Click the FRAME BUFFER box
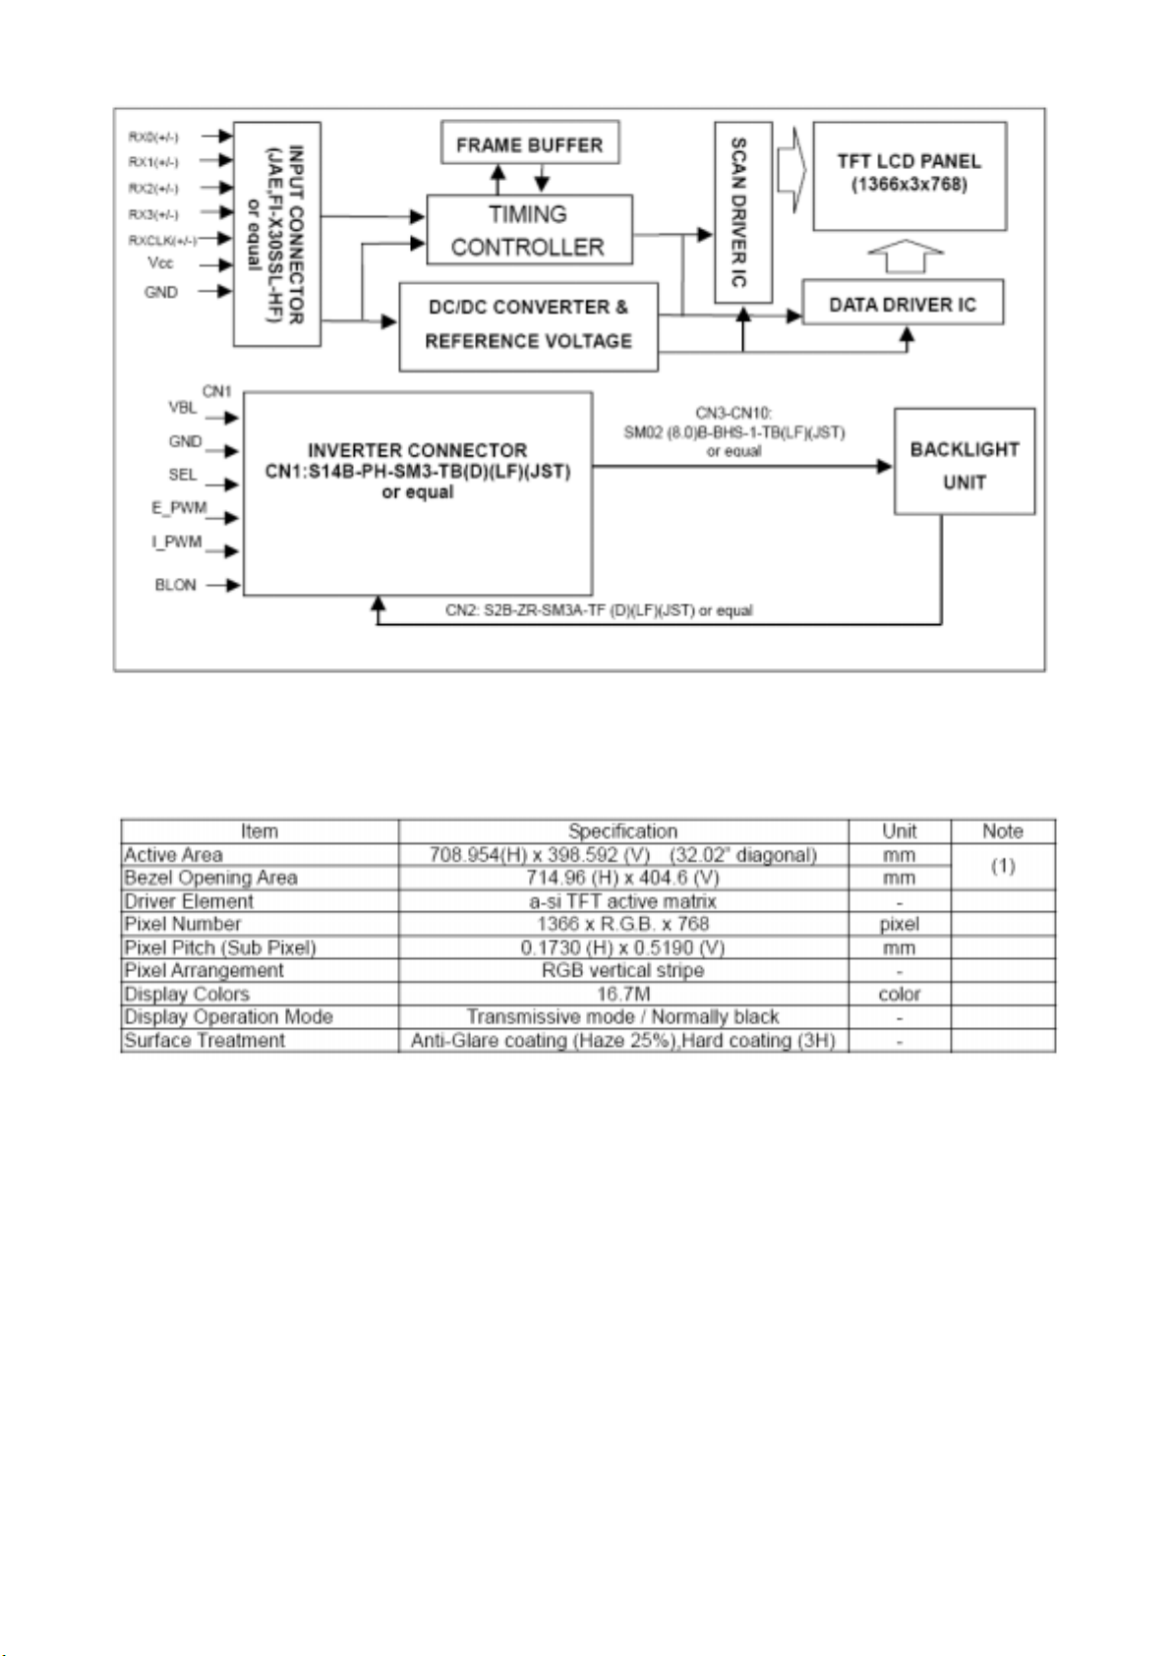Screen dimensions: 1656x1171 (529, 143)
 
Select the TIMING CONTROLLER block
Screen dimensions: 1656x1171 (529, 230)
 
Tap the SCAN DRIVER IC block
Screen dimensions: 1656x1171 (742, 211)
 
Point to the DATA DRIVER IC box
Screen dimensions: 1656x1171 (903, 304)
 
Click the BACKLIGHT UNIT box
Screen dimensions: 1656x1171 (964, 463)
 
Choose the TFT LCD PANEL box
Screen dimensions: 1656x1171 (909, 176)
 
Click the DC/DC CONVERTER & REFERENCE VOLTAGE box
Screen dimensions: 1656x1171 (528, 325)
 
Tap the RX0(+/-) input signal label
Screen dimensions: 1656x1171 (153, 137)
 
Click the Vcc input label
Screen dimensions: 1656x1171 (160, 263)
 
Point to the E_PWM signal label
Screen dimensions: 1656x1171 (179, 508)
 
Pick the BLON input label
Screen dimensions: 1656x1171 (175, 585)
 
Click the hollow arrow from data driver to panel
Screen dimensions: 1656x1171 (906, 257)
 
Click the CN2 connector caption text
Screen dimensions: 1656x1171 (599, 610)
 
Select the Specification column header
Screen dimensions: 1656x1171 (622, 831)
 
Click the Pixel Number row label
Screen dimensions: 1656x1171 (183, 924)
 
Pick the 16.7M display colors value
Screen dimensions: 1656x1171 (622, 994)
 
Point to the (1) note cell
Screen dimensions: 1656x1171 (1002, 867)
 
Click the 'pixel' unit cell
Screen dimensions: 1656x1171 (899, 924)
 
